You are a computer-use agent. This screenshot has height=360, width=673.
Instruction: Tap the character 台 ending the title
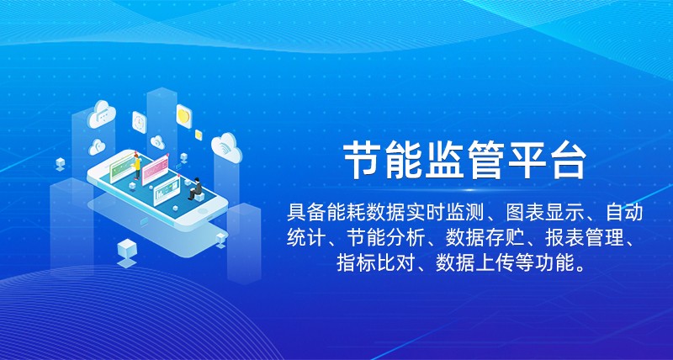568,161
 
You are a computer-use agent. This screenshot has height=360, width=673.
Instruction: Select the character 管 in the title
485,161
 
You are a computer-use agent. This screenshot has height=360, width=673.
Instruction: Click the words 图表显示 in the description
546,214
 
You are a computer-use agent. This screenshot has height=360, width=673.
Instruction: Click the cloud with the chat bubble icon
102,114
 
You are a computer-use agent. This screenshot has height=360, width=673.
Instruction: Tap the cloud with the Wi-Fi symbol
226,147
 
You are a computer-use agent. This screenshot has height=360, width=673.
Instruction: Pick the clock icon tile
140,123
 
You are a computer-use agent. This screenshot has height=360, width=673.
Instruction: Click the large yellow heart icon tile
183,116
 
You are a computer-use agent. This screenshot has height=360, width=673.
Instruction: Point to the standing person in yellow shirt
137,167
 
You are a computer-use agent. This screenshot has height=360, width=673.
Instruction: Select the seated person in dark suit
195,188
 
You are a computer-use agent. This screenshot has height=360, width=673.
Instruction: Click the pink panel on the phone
155,170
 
